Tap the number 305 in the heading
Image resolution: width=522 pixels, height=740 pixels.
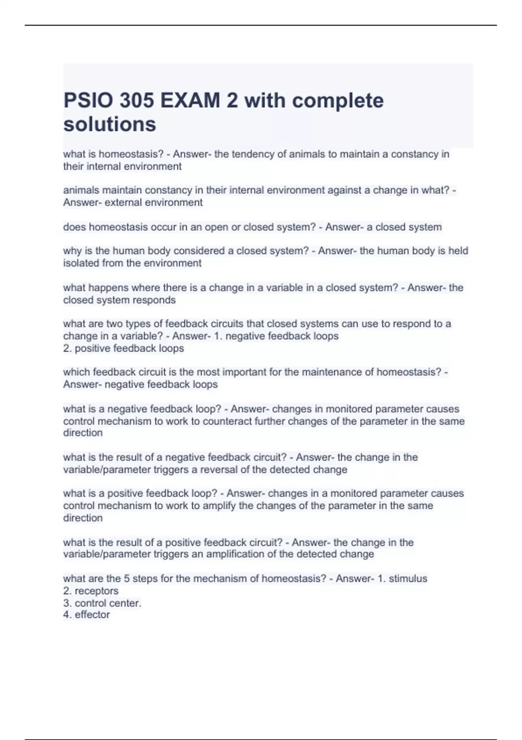coord(137,101)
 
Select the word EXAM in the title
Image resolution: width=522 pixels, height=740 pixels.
coord(190,101)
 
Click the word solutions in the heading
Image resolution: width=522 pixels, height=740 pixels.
coord(110,124)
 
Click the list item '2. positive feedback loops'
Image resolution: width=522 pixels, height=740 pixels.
coord(124,348)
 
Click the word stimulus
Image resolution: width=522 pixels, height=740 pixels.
coord(408,579)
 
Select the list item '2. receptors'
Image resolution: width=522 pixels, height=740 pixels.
coord(91,591)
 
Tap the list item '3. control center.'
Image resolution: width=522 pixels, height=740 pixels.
coord(102,603)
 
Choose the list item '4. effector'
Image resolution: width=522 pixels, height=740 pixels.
coord(87,615)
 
